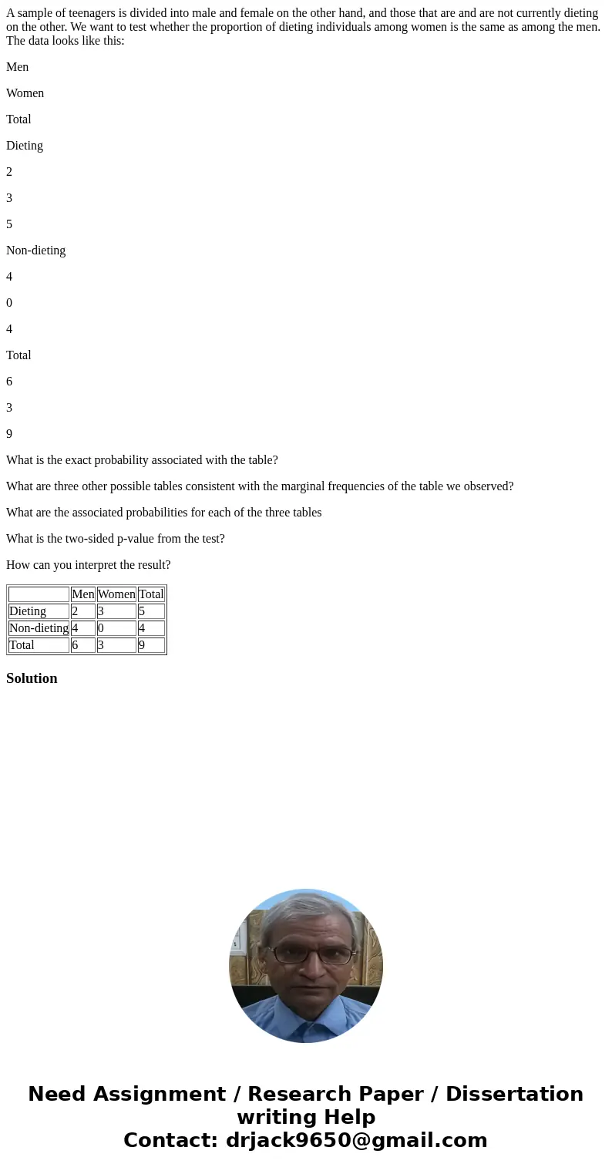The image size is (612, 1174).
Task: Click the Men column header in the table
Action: point(82,594)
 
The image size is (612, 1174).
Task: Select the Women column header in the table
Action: point(116,594)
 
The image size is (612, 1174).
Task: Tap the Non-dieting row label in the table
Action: point(39,628)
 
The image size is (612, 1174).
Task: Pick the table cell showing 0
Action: point(116,628)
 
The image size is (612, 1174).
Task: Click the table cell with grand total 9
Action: point(151,645)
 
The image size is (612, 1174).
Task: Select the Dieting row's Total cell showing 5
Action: point(151,611)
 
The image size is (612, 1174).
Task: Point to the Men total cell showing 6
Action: point(82,645)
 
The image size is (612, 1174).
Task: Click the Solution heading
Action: point(32,678)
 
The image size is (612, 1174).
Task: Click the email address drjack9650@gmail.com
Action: point(356,1140)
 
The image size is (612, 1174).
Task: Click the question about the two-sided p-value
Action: point(116,539)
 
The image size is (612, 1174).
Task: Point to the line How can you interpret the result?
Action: point(89,565)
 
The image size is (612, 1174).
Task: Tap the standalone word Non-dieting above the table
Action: point(36,251)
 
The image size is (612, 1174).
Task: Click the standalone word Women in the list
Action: point(25,93)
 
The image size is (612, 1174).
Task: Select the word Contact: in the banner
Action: point(170,1140)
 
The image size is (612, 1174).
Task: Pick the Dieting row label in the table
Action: point(28,611)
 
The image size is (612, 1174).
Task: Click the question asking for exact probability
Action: point(142,460)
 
